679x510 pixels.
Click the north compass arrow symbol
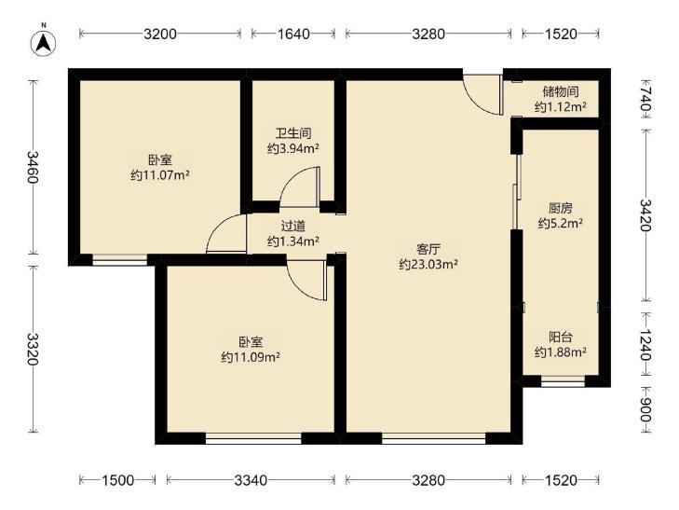point(44,43)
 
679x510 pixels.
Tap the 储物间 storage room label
point(561,91)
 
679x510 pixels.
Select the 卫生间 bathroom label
point(293,133)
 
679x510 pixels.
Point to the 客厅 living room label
point(428,249)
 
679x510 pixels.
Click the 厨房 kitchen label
point(561,209)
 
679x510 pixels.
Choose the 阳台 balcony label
point(561,337)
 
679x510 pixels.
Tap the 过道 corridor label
point(293,226)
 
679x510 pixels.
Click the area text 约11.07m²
point(160,175)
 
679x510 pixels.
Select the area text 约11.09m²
point(251,357)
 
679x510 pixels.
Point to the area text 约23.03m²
point(428,264)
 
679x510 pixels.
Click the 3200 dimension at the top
point(160,34)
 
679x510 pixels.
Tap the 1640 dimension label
point(293,34)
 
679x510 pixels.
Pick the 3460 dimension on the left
point(33,167)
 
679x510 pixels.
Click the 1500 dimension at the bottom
point(117,480)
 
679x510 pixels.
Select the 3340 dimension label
point(251,480)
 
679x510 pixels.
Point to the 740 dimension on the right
point(645,99)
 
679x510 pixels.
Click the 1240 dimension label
point(645,344)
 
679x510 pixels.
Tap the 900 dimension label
point(645,410)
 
